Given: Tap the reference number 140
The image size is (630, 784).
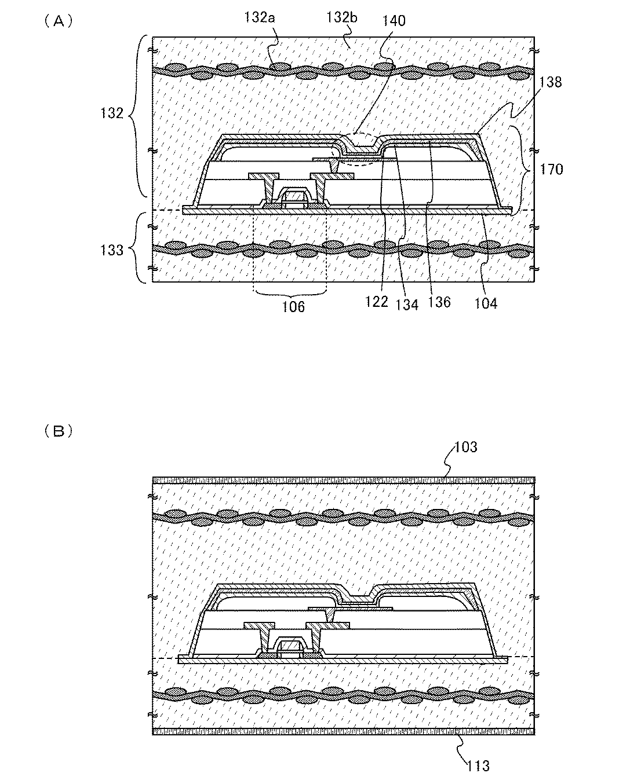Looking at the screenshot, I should click(394, 21).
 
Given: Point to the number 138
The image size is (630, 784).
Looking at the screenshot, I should click(550, 82).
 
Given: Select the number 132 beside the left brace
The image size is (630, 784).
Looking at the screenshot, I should click(112, 113).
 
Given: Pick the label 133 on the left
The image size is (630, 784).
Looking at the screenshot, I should click(112, 250).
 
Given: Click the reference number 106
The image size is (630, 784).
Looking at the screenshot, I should click(293, 307).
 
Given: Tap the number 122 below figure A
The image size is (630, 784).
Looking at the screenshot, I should click(377, 302).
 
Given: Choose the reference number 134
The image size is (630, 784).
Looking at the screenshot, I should click(407, 303).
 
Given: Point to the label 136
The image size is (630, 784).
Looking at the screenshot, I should click(439, 302).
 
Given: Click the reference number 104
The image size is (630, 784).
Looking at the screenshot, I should click(486, 302).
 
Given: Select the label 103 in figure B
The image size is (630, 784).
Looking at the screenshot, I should click(466, 447).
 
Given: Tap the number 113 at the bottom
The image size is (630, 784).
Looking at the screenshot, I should click(478, 766).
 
